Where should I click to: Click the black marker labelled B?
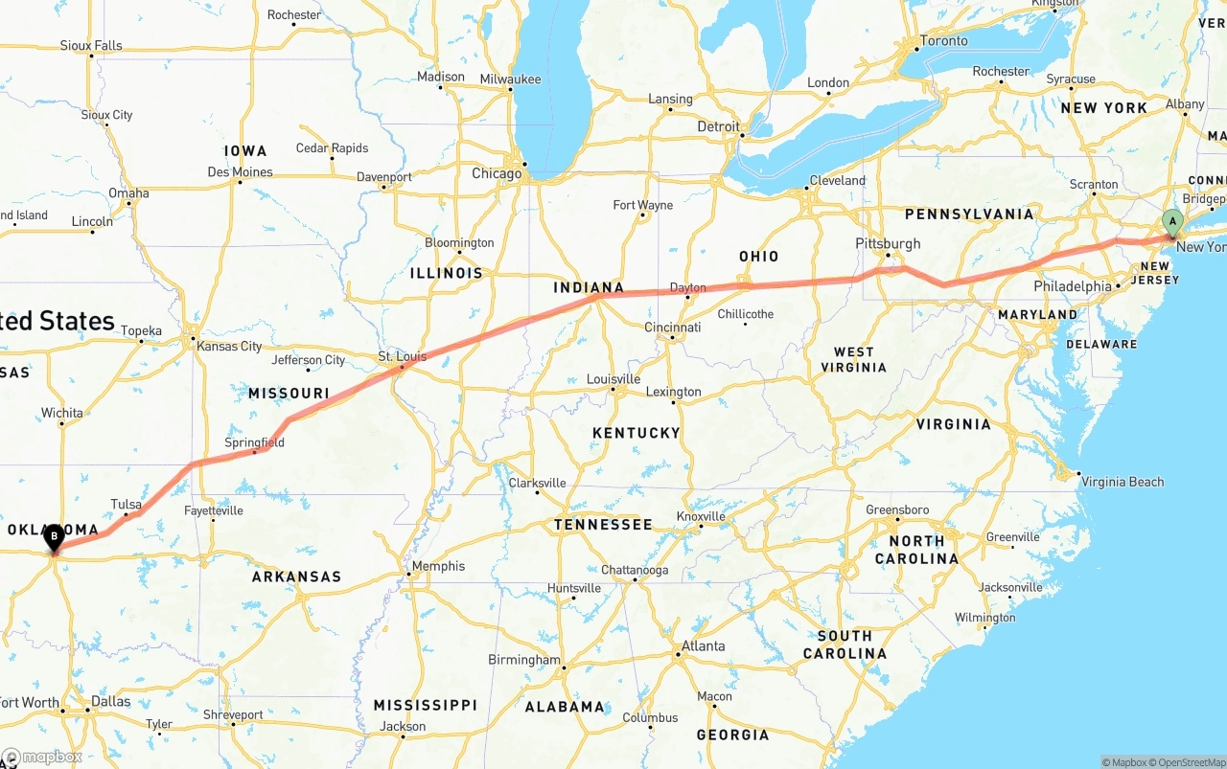[55, 536]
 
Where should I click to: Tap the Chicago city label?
[497, 173]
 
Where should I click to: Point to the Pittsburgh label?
[889, 243]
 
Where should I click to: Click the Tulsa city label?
[126, 505]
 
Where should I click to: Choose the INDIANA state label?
[589, 287]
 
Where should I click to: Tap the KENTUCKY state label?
[636, 433]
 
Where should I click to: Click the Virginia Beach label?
[1122, 482]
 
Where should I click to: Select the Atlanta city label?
[703, 646]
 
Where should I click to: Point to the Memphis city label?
[438, 566]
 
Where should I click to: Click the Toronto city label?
[943, 41]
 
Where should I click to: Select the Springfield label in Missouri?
[254, 442]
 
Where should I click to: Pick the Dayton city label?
[688, 287]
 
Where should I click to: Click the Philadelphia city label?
[1073, 286]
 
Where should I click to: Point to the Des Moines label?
[240, 172]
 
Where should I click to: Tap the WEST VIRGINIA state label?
[853, 359]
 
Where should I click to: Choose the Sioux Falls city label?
[91, 45]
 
